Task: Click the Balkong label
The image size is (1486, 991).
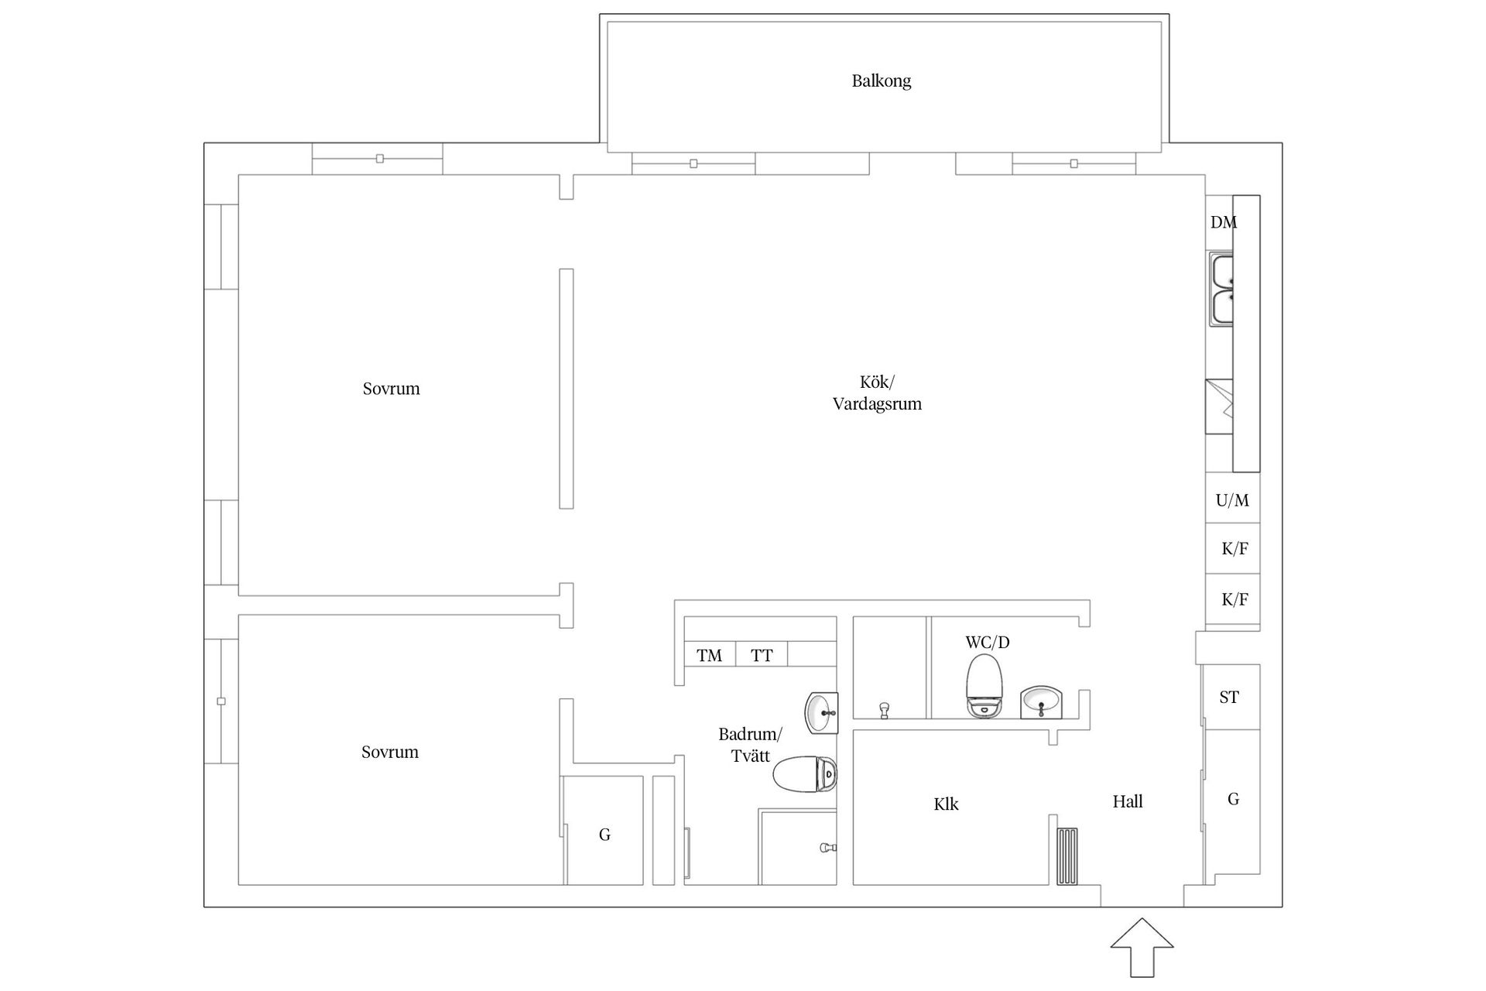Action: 881,81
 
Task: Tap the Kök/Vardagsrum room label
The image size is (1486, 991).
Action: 877,393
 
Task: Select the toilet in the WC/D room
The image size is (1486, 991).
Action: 984,686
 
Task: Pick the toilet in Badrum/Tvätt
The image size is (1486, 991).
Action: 805,773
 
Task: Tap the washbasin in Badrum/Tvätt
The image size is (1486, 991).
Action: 822,712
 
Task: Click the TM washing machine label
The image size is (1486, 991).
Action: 709,656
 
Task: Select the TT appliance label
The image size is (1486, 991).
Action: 762,656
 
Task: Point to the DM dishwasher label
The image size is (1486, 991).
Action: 1224,222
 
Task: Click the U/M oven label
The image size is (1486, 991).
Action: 1232,501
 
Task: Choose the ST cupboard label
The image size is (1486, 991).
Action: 1229,698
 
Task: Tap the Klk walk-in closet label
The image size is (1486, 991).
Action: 946,804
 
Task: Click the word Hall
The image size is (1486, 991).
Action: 1128,802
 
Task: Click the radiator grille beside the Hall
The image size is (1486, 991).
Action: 1067,856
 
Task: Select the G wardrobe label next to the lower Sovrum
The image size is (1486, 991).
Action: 604,835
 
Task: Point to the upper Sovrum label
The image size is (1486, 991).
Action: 391,389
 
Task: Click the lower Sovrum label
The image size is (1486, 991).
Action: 390,752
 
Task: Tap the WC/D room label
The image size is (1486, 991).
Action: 988,643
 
